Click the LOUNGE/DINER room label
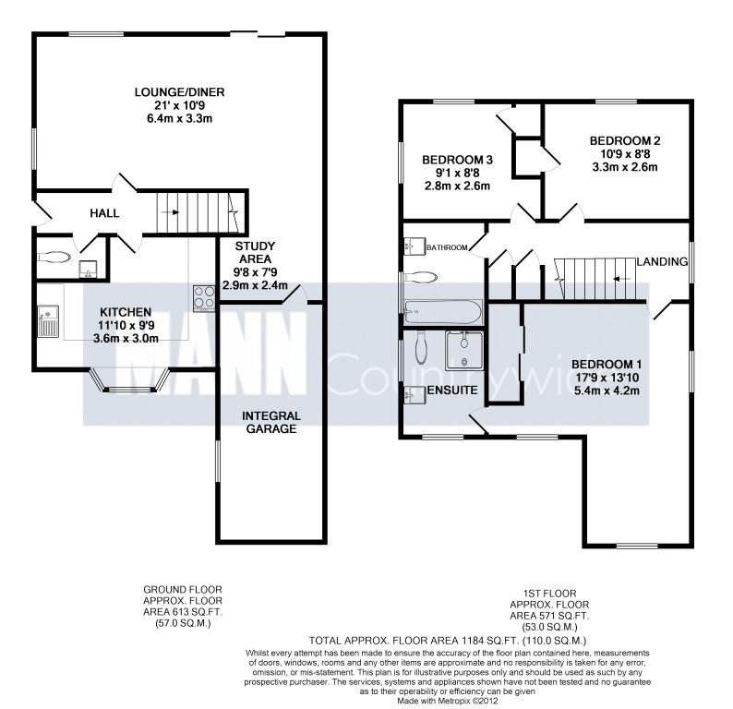179,92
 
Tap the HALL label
104,213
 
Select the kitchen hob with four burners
204,298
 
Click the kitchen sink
48,320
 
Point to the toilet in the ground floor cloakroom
54,256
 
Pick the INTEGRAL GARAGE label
271,423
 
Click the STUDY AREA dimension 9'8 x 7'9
255,272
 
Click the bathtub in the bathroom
442,312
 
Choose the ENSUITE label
452,391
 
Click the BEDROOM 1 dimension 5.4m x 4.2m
607,391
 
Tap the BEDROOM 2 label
625,140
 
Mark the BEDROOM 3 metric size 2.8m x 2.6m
457,186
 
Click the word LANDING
663,262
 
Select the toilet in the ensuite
421,349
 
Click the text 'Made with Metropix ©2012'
448,701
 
